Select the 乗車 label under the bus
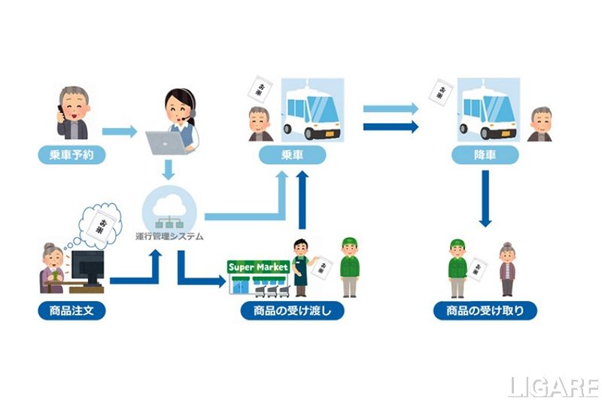pyautogui.click(x=292, y=156)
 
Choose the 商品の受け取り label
pyautogui.click(x=485, y=310)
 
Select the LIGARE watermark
pyautogui.click(x=552, y=387)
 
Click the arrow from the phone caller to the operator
pyautogui.click(x=119, y=132)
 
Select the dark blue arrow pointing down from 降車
pyautogui.click(x=485, y=197)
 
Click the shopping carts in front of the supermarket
pyautogui.click(x=268, y=288)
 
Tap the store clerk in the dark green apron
pyautogui.click(x=301, y=268)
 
